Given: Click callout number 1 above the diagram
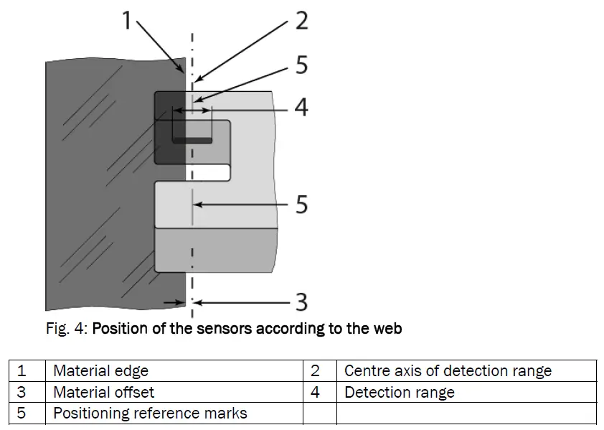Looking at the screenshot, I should pos(126,20).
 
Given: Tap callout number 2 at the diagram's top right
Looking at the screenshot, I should pos(302,20).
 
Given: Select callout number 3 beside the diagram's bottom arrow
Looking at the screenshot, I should pos(302,302).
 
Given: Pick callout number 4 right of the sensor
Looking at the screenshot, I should pos(302,108).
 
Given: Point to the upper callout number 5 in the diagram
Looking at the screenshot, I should pos(302,65).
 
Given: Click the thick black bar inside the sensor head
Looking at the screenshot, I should pos(192,139).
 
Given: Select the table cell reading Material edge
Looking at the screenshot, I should pos(100,370).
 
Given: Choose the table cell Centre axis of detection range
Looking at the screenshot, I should pos(448,370).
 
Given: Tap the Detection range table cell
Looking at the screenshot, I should pos(399,392).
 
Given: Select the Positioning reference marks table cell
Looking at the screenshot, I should pos(150,413).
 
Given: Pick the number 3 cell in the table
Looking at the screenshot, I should pos(22,392).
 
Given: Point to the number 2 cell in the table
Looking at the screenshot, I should pos(315,370).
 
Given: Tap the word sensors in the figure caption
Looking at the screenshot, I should pos(216,329).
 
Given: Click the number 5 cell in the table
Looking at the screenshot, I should pos(22,413).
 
